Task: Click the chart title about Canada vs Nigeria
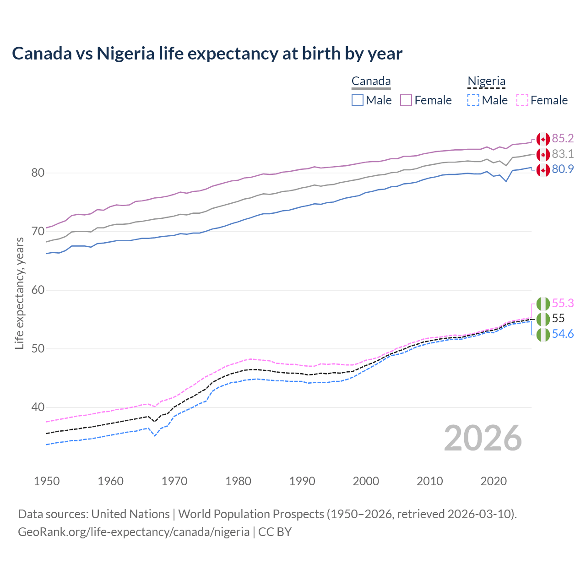(x=207, y=54)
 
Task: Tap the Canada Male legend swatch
(x=358, y=100)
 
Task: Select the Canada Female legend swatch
(x=406, y=100)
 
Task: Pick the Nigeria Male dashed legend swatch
(x=473, y=100)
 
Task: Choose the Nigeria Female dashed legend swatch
(x=522, y=100)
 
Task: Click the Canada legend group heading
(x=371, y=81)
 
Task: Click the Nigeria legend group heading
(x=486, y=81)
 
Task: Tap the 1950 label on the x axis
(x=47, y=481)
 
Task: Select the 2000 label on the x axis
(x=366, y=481)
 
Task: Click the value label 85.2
(x=563, y=138)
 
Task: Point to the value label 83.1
(x=563, y=154)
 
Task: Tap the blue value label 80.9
(x=563, y=169)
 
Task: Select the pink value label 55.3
(x=563, y=303)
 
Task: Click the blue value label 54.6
(x=563, y=334)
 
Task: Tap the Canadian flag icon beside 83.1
(x=543, y=154)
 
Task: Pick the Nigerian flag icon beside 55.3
(x=543, y=304)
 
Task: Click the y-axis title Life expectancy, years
(x=20, y=293)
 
